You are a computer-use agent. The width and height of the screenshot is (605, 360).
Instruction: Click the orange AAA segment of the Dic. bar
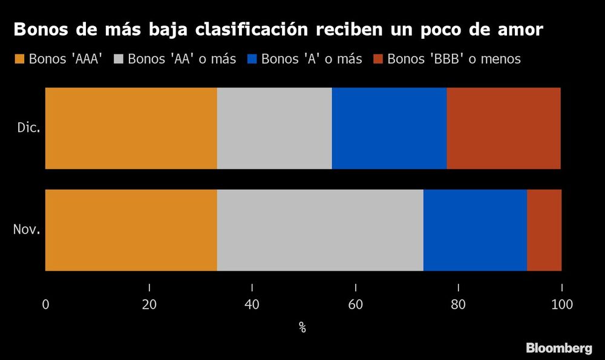point(131,128)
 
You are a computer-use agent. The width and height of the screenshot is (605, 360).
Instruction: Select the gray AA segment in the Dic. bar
point(274,128)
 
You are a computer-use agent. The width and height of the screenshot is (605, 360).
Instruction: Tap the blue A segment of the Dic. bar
point(389,128)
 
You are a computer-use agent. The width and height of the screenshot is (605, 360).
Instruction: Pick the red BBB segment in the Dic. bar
point(503,128)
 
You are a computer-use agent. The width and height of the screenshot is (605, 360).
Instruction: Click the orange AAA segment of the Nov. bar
point(131,230)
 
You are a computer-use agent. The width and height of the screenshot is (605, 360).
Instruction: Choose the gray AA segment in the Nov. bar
point(320,230)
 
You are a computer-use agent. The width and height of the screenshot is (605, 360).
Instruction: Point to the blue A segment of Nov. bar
point(475,230)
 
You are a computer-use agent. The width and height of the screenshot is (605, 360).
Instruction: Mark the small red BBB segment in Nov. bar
point(544,230)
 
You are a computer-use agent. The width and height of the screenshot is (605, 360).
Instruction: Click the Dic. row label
point(28,128)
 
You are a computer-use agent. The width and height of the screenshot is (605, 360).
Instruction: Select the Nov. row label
point(27,230)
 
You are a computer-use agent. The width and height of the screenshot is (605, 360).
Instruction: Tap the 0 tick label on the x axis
point(45,305)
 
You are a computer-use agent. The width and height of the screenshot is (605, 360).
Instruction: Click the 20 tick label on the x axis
point(149,305)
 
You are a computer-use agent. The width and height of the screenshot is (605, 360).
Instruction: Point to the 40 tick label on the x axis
point(252,305)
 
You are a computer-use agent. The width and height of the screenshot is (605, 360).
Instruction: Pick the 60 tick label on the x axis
point(355,305)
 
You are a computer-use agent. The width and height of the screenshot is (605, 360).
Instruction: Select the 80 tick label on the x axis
point(459,305)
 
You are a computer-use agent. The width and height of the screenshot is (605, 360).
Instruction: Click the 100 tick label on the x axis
point(561,305)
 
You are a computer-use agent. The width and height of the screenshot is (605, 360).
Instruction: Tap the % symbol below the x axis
point(302,328)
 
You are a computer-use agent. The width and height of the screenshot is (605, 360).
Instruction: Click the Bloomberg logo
point(558,348)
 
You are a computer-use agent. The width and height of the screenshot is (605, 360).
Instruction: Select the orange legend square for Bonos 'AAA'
point(19,59)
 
